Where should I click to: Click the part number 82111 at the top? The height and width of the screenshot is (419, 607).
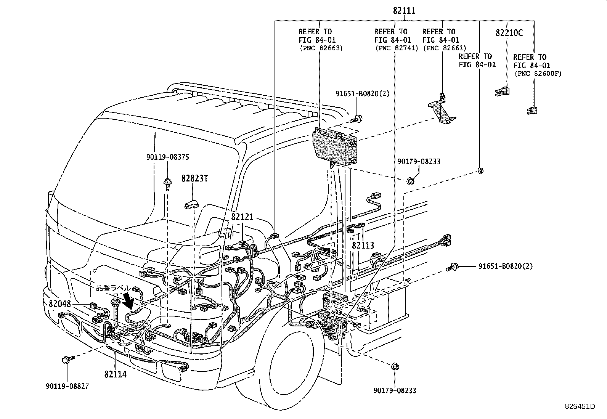[404, 11]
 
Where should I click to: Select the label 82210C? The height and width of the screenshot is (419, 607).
[509, 33]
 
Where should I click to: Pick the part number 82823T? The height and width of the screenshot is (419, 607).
[194, 178]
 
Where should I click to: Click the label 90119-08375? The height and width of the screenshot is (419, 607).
[167, 157]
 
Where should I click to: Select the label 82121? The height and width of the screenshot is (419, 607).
[242, 217]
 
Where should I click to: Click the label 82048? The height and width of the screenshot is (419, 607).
[60, 303]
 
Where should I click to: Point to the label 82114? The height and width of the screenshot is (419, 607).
[115, 374]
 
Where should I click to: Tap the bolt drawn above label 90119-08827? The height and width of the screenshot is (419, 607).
[65, 359]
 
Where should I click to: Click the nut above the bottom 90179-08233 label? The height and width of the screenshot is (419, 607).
[395, 367]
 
